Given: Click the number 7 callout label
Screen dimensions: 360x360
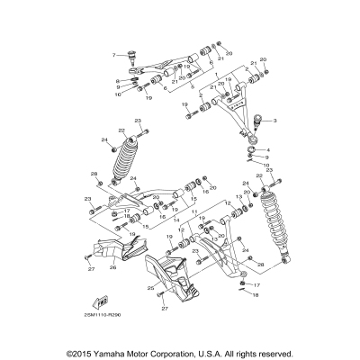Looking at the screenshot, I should [x=113, y=55].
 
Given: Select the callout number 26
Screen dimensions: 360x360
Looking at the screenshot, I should [x=114, y=267].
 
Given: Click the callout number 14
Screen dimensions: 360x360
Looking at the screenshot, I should [x=175, y=220].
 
